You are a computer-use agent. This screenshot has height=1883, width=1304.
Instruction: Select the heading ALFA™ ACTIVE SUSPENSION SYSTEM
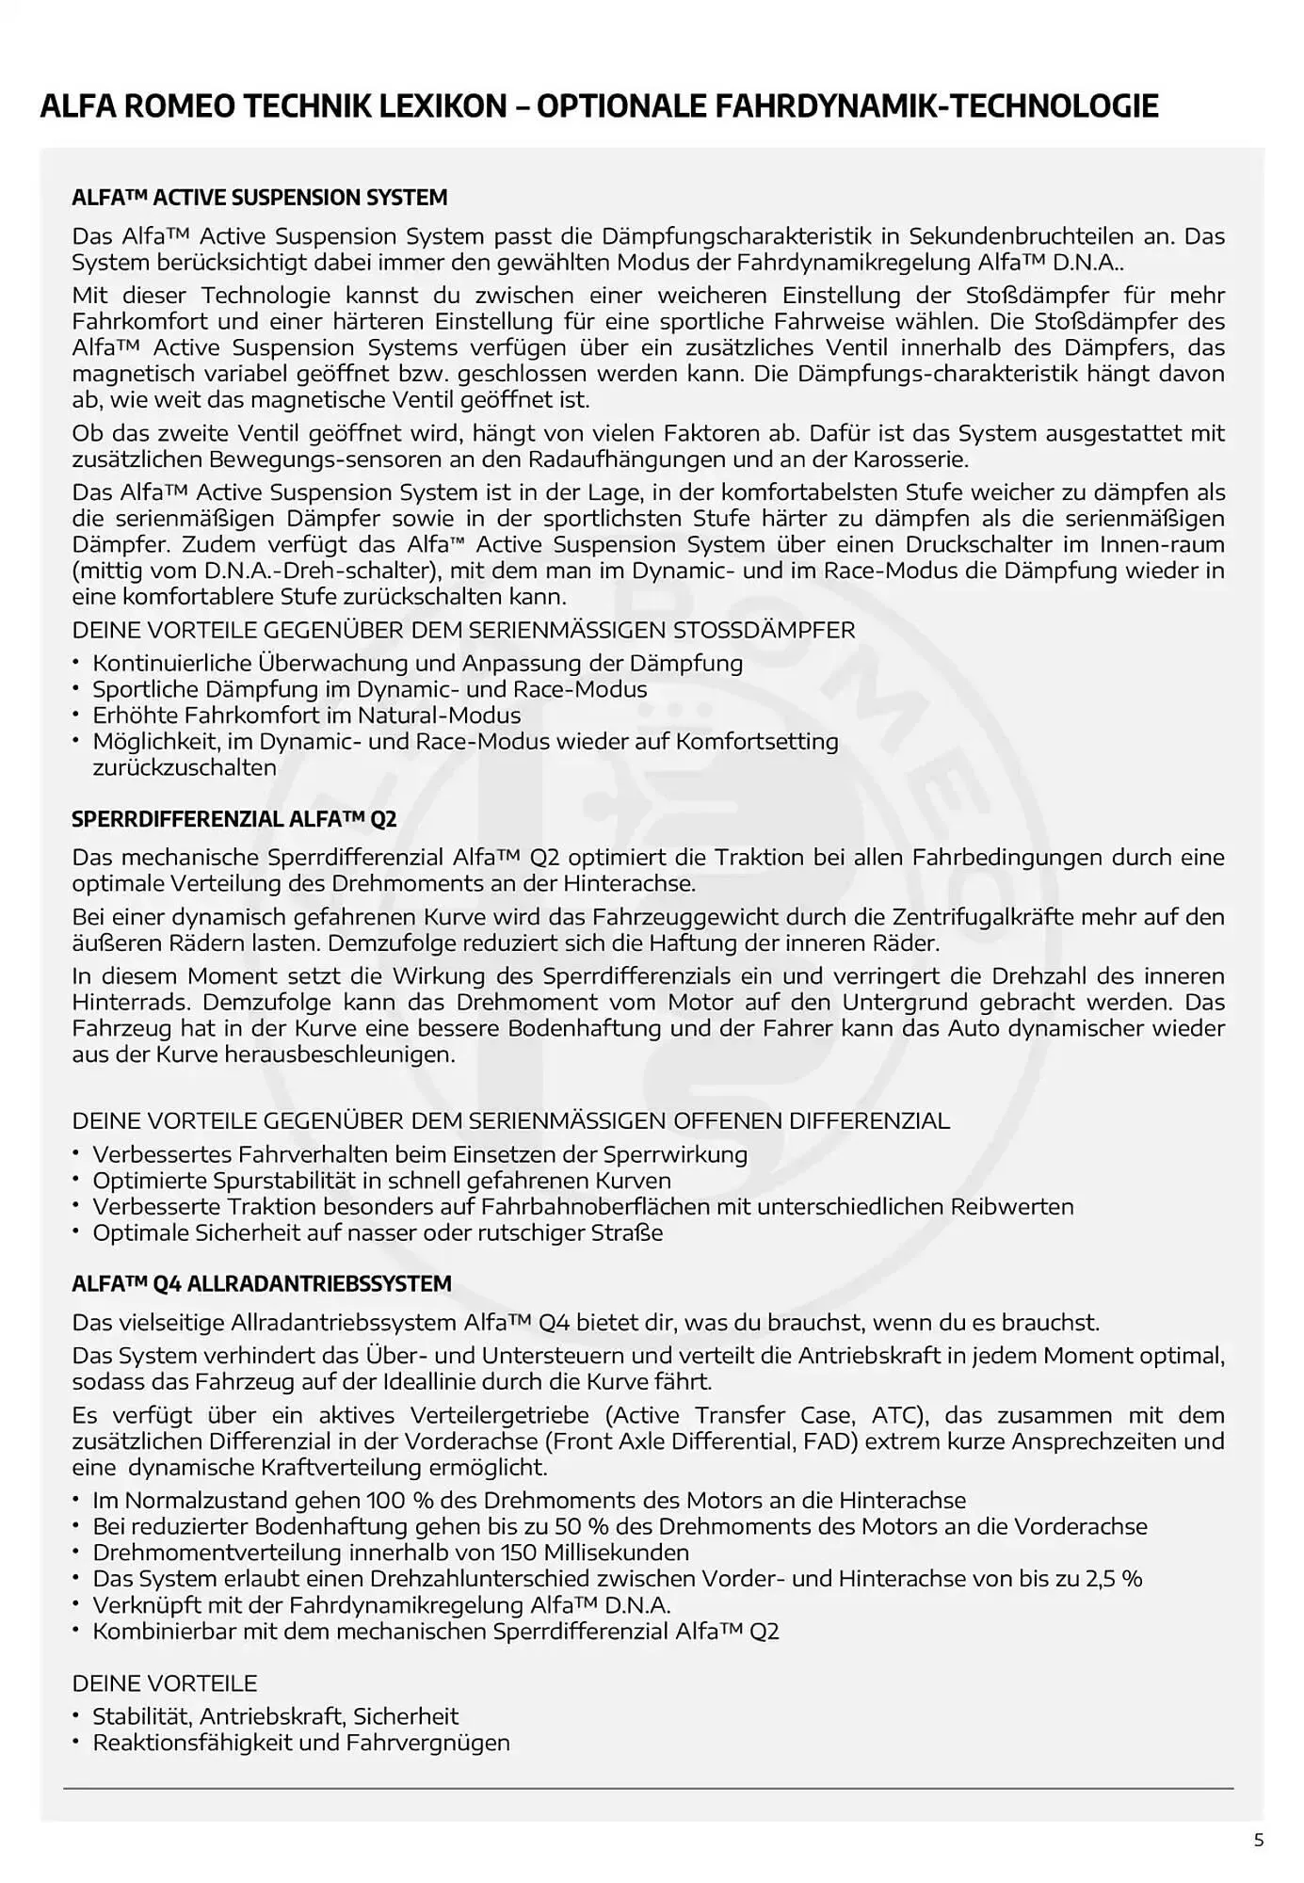coord(260,198)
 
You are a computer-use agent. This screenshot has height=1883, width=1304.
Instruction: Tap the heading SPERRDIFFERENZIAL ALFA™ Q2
coord(234,819)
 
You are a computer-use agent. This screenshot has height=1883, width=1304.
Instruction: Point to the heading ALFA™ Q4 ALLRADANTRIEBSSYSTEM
coord(262,1283)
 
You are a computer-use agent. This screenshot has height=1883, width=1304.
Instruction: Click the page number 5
coord(1259,1841)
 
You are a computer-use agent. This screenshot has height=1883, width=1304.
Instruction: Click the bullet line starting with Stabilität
coord(275,1716)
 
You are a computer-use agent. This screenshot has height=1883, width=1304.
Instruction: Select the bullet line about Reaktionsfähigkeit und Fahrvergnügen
coord(300,1743)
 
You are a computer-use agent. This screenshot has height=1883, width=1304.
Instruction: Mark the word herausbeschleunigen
coord(339,1054)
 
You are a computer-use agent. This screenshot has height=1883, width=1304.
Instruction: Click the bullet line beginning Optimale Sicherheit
coord(377,1232)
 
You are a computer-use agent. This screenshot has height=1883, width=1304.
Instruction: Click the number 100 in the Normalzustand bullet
coord(386,1500)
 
